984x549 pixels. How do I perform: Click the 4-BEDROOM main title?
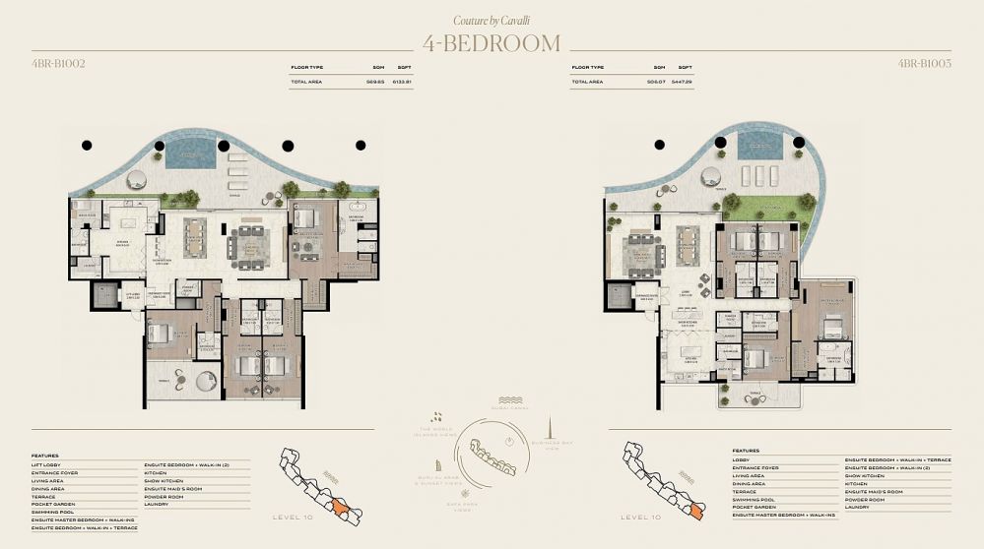tap(492, 43)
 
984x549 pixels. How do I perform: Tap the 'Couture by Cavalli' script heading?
tap(492, 20)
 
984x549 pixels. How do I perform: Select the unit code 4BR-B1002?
tap(58, 64)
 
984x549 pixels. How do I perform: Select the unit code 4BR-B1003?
tap(924, 64)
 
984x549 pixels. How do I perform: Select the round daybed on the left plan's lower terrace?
tap(206, 381)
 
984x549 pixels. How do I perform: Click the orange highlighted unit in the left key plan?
tap(339, 506)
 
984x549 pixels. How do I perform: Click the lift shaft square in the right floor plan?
tap(619, 296)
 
